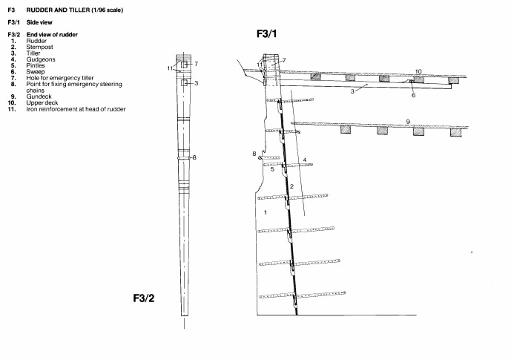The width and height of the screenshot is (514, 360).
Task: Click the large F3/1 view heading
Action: point(266,34)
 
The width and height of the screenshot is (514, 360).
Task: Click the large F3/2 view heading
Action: point(144,298)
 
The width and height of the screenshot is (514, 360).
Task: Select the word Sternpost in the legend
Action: point(39,47)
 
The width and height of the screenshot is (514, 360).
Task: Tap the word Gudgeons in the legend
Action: point(41,59)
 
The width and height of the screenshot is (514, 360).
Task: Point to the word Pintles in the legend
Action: point(36,65)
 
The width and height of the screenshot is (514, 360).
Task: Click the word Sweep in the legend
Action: point(36,71)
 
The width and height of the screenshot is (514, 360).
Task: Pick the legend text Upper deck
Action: point(42,102)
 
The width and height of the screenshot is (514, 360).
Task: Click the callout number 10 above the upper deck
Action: point(418,71)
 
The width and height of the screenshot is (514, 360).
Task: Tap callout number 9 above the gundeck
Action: point(408,122)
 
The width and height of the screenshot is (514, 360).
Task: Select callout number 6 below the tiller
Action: point(413,95)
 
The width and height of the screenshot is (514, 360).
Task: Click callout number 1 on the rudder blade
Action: point(266,212)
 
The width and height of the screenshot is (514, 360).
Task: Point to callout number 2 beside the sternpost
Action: point(291,186)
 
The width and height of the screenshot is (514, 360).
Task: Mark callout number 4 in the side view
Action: point(305,160)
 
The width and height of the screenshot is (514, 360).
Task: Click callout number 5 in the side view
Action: point(272,169)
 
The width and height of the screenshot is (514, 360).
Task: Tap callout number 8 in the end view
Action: point(194,157)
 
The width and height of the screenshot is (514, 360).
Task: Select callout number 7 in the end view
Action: point(196,64)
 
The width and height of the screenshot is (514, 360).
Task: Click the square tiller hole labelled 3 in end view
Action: point(184,83)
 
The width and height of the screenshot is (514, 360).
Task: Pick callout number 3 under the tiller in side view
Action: point(352,91)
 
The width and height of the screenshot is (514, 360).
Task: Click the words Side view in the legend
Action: point(39,22)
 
